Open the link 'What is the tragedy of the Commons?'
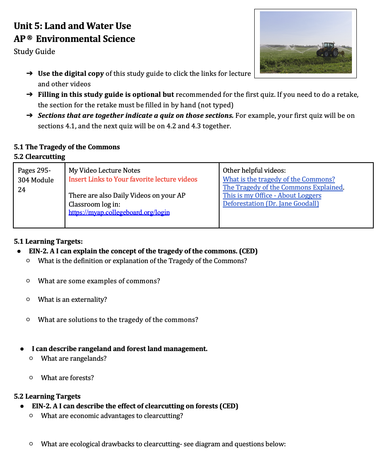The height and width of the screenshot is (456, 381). coord(278,179)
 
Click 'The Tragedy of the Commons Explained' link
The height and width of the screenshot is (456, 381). coord(283,187)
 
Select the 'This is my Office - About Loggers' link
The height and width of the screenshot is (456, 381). coord(272,195)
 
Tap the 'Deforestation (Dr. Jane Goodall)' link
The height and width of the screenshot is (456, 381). coord(271,203)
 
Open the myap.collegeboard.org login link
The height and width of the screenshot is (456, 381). coord(119,212)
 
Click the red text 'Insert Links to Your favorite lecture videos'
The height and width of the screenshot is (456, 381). coord(133,179)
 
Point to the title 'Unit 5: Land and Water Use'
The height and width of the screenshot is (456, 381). coord(72,26)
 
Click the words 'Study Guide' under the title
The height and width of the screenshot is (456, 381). coord(34,52)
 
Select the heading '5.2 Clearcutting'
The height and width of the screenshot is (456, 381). coord(39,157)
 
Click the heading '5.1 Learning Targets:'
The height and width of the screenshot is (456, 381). coord(48,241)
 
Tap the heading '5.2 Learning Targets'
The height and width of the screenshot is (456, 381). coord(47,396)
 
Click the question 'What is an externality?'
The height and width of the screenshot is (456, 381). coord(72,299)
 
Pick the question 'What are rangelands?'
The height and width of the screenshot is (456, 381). coord(73,358)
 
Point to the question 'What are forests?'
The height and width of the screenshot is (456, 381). coord(67,378)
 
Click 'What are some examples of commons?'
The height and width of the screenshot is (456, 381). coord(99,281)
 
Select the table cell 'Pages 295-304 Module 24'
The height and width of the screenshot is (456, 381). coord(36,180)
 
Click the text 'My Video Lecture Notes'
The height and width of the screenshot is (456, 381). coord(105,170)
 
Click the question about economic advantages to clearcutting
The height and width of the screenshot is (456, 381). coord(112,416)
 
